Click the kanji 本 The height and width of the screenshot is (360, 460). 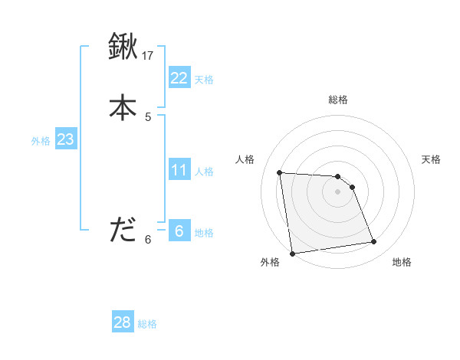(123, 106)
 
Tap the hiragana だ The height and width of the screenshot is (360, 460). (123, 230)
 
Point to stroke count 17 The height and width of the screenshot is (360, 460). (148, 56)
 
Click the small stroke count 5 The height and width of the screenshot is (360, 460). (148, 117)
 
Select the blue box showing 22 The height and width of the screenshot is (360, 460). (179, 77)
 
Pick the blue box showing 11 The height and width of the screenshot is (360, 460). (179, 169)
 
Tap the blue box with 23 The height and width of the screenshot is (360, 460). (65, 139)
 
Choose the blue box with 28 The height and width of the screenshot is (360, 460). (123, 322)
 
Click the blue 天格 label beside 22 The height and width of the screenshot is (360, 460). (204, 80)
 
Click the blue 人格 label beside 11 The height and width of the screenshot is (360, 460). (204, 172)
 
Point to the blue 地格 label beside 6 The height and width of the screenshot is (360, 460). (204, 233)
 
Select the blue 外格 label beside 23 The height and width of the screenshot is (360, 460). (41, 142)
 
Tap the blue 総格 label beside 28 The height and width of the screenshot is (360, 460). (147, 325)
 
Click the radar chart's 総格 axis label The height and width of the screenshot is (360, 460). (338, 100)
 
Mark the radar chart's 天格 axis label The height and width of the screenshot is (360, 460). (432, 159)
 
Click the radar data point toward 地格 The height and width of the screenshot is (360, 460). (374, 242)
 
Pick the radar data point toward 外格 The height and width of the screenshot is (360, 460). (291, 254)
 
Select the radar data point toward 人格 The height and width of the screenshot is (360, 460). (280, 172)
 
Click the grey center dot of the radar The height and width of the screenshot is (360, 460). (338, 191)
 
